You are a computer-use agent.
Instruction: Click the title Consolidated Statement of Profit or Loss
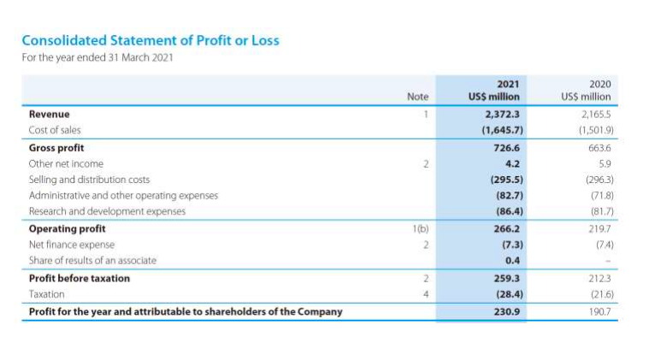[150, 40]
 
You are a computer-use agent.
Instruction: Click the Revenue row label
[50, 114]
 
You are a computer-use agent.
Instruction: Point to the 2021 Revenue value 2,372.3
[503, 114]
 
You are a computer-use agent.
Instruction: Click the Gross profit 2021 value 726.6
[507, 147]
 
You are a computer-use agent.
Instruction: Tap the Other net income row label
[66, 163]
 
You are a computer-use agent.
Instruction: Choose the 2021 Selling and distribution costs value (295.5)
[505, 180]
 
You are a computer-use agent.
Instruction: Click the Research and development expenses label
[107, 211]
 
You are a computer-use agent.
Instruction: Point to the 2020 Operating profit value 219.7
[601, 228]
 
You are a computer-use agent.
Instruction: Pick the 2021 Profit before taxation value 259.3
[507, 278]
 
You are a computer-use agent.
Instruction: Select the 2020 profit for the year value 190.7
[601, 311]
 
